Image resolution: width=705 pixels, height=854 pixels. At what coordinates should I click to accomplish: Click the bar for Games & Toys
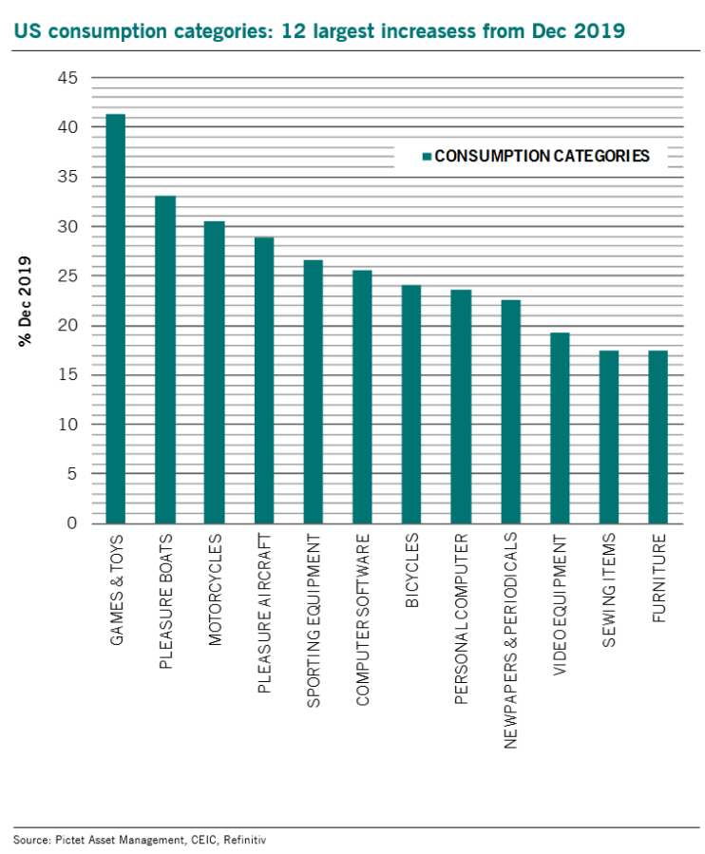[116, 319]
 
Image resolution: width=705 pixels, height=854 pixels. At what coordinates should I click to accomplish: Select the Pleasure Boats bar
[165, 360]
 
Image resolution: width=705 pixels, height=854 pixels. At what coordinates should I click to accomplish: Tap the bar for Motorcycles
[214, 372]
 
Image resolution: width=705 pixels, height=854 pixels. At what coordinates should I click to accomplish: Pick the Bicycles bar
[411, 405]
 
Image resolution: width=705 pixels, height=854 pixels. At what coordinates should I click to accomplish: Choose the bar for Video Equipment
[560, 428]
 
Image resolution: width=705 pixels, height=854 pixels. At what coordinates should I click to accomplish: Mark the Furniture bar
[657, 437]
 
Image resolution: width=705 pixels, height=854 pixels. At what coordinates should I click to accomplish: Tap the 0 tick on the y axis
[72, 523]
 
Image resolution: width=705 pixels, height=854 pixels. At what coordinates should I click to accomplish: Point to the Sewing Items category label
[609, 590]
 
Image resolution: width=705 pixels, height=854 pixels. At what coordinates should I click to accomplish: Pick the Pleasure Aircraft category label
[264, 614]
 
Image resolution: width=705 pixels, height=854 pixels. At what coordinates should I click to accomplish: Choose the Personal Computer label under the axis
[461, 619]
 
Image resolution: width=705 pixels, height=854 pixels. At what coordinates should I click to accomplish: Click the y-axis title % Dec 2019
[26, 300]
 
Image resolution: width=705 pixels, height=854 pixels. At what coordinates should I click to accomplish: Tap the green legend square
[428, 156]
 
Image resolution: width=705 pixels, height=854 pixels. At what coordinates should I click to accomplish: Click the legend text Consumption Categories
[542, 156]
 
